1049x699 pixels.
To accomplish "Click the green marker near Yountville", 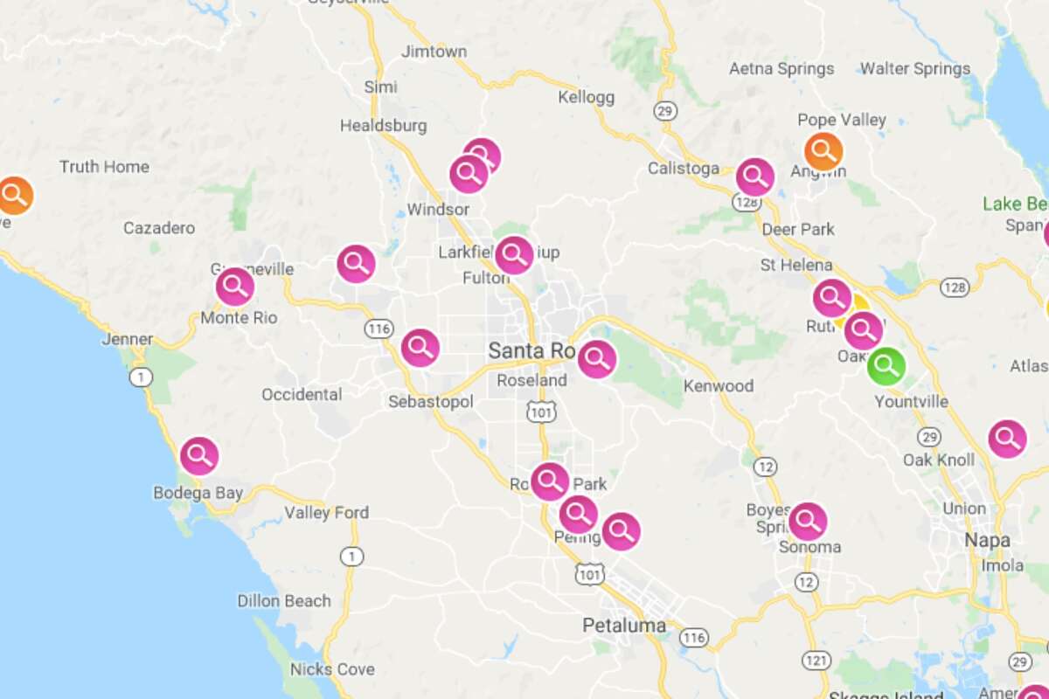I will click(x=886, y=367).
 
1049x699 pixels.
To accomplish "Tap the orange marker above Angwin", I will click(x=823, y=152).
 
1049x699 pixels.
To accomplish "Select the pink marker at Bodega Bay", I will click(x=199, y=455).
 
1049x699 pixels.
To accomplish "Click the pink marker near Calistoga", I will click(x=754, y=177).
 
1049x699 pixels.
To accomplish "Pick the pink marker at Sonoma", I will click(x=808, y=522).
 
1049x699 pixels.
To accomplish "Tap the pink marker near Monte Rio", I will click(x=234, y=287).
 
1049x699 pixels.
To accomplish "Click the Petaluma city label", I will click(x=624, y=626).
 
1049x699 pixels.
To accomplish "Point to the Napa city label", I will click(x=987, y=541).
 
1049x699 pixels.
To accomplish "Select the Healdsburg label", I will click(x=383, y=126).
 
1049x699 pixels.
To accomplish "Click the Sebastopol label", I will click(x=431, y=402).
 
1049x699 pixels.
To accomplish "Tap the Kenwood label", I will click(x=718, y=386).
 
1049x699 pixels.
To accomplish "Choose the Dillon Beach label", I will click(x=284, y=601).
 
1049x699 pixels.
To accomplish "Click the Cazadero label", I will click(x=159, y=228).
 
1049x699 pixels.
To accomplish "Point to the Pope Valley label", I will click(x=842, y=120).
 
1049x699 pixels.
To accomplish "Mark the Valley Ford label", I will click(x=327, y=513).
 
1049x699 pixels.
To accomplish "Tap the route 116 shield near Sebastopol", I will click(x=379, y=329).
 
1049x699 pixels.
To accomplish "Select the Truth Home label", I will click(x=104, y=167).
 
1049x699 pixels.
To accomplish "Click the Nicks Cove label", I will click(x=332, y=670).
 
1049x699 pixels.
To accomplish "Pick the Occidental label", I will click(x=302, y=395).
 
